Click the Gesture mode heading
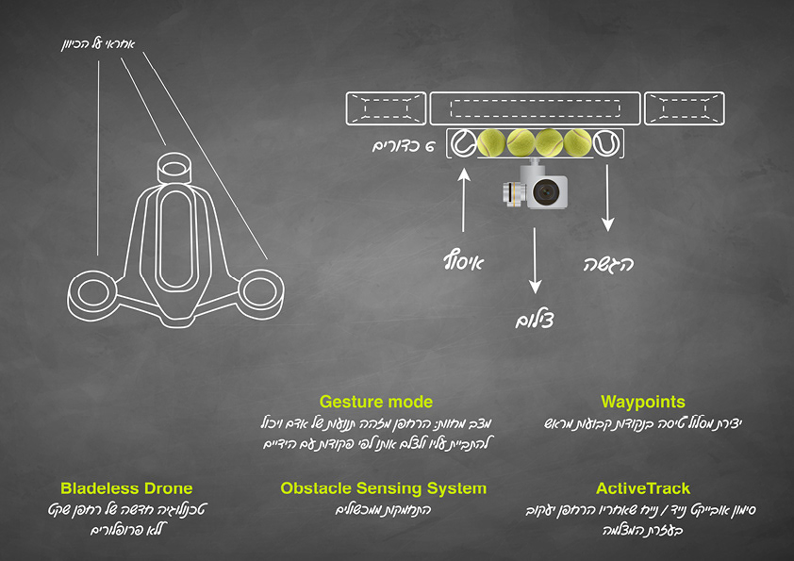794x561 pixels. click(x=376, y=402)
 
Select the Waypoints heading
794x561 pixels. click(x=642, y=402)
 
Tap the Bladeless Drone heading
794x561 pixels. click(x=126, y=488)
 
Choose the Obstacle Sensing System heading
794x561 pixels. click(x=384, y=488)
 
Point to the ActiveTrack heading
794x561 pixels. click(x=643, y=488)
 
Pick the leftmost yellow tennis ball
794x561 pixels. click(x=491, y=142)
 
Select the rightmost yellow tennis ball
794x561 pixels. click(x=576, y=142)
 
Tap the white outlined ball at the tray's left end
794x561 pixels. click(x=462, y=142)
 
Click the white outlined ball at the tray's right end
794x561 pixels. click(x=605, y=142)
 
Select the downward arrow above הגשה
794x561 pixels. click(x=608, y=198)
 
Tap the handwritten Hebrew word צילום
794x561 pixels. click(x=537, y=320)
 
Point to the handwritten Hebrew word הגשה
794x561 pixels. click(x=607, y=264)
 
